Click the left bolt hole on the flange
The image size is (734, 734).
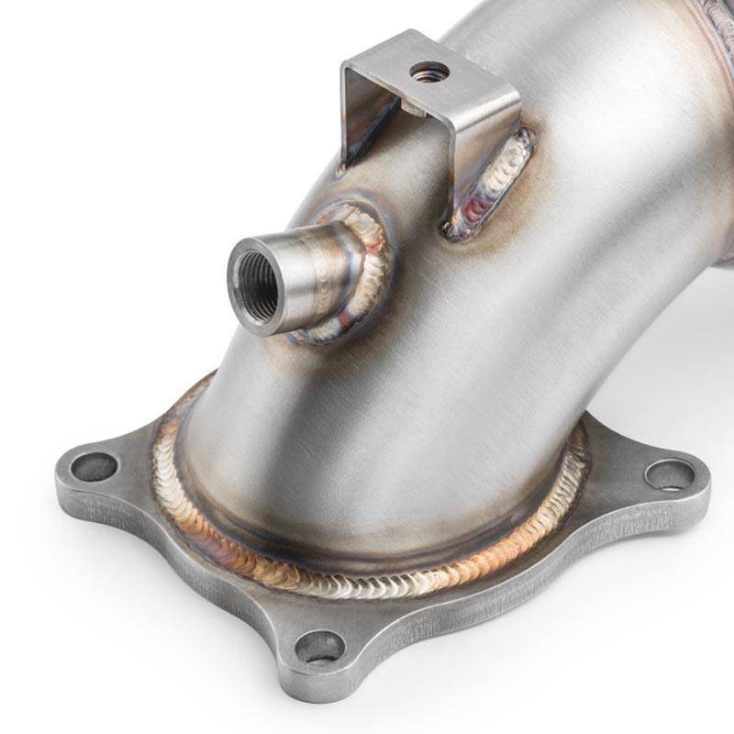[x=94, y=467]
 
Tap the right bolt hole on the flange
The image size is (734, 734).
[x=669, y=474]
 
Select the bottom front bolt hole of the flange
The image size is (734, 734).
[x=319, y=647]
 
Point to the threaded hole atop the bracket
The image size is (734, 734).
[x=429, y=71]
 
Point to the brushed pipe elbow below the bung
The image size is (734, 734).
[x=367, y=404]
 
